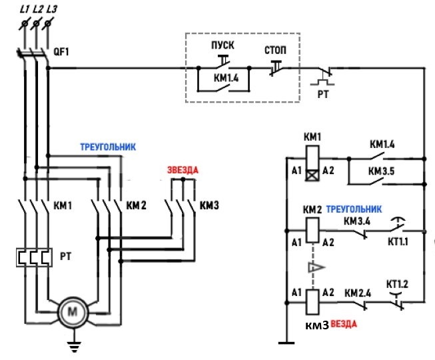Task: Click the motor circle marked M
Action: click(73, 312)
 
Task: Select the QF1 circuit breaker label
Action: click(61, 52)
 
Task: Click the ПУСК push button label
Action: click(222, 45)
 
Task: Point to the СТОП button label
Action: click(275, 50)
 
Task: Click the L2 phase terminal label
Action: click(38, 9)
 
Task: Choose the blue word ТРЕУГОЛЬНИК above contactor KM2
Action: click(108, 147)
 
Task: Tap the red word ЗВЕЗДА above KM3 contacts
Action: click(183, 170)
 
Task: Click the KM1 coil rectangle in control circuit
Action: click(312, 164)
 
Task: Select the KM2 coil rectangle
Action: click(312, 231)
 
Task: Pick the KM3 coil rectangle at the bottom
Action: click(312, 302)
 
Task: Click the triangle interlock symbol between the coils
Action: click(316, 267)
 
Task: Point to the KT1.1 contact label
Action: click(398, 241)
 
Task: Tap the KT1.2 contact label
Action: click(397, 284)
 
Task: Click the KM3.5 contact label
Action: click(382, 171)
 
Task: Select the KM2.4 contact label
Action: click(358, 293)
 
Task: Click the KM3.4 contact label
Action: click(357, 221)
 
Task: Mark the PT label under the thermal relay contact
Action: click(323, 95)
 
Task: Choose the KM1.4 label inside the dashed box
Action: click(226, 78)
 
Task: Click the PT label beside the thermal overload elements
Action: click(66, 256)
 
